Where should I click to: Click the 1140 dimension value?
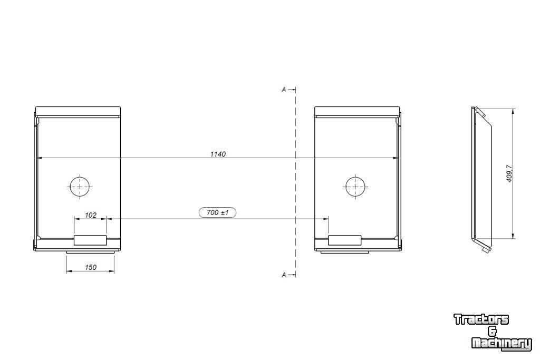[x=218, y=154]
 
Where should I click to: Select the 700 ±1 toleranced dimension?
[x=218, y=213]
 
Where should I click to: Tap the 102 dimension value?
[x=91, y=215]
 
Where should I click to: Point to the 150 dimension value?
[x=91, y=267]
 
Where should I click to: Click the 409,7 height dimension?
[x=510, y=173]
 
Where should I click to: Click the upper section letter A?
[x=284, y=90]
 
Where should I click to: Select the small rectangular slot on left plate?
[x=90, y=240]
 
